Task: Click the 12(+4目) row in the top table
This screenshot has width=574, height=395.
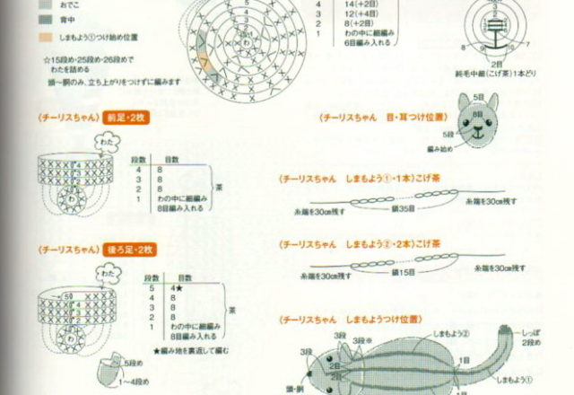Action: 363,15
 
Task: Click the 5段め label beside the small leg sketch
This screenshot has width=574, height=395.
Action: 132,364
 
